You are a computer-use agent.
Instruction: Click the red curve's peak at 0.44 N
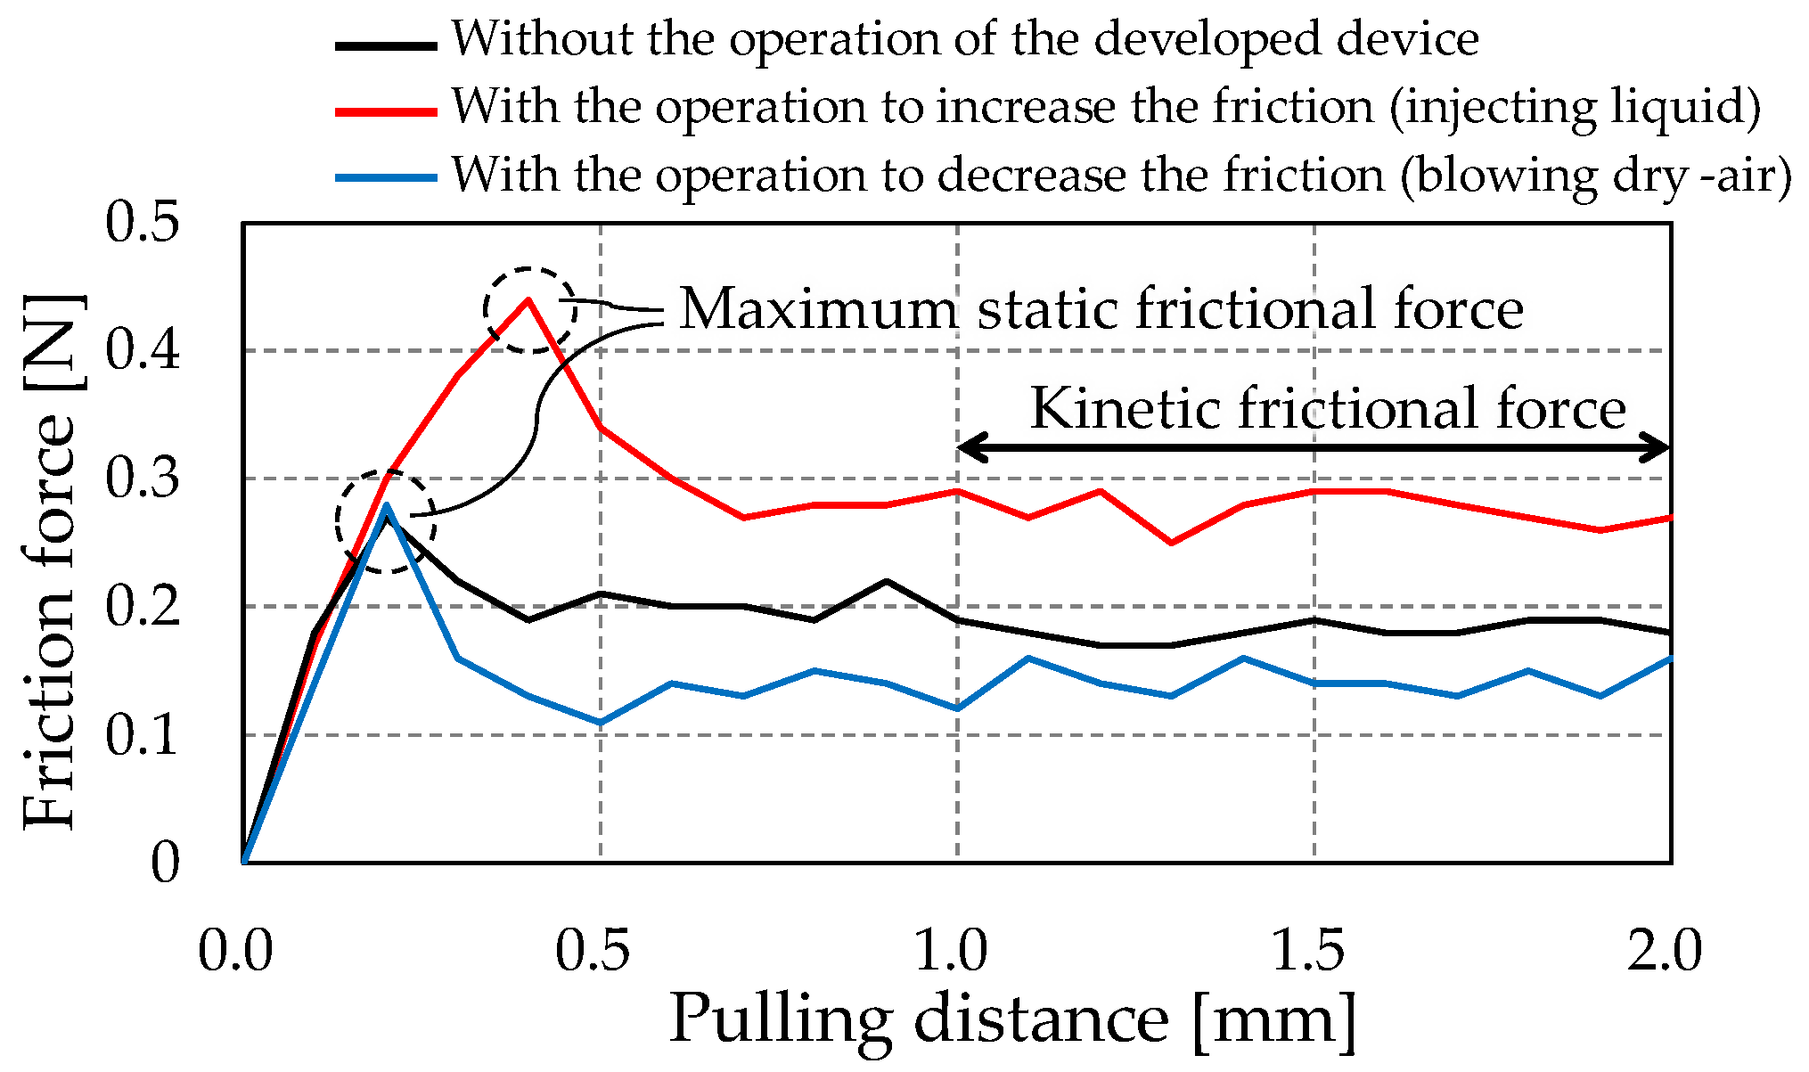(528, 300)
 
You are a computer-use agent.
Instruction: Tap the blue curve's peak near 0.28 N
(386, 505)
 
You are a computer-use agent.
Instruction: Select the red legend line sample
(386, 111)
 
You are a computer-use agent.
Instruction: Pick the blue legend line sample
(386, 177)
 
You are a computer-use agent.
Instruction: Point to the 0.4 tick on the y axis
(143, 350)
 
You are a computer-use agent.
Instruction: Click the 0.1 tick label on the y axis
(143, 735)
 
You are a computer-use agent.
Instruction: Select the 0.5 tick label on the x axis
(593, 950)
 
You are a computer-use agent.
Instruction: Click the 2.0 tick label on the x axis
(1664, 950)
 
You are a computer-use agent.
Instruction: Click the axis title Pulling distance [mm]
(1013, 1019)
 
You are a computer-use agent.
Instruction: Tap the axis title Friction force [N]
(52, 561)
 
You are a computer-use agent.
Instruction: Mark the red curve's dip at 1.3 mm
(1171, 543)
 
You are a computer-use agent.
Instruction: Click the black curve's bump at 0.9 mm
(887, 581)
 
